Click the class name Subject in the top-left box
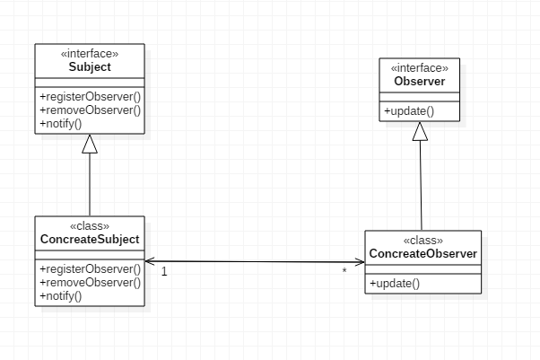pos(90,67)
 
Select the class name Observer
pos(420,83)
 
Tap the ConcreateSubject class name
pos(90,239)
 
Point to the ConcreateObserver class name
pos(422,253)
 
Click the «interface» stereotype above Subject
pos(90,54)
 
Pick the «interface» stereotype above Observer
pos(420,68)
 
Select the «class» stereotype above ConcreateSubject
pos(90,225)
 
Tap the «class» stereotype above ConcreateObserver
pos(422,240)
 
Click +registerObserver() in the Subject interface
pos(90,96)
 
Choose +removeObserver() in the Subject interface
pos(90,110)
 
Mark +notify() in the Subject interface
pos(60,123)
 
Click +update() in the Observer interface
pos(409,111)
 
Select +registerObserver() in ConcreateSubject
pos(90,268)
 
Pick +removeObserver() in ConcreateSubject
pos(90,282)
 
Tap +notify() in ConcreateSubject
pos(60,295)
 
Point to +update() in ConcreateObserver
pos(394,283)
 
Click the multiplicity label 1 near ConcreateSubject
pos(165,271)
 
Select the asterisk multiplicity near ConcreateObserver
pos(344,271)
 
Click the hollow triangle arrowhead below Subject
pos(90,144)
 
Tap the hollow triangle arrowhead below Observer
pos(420,131)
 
